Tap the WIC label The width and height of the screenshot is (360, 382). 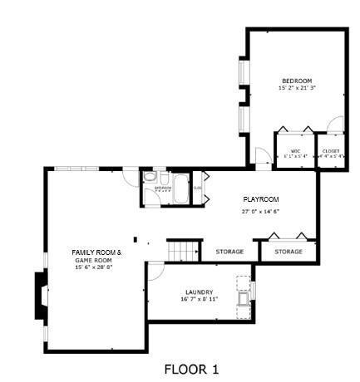click(294, 150)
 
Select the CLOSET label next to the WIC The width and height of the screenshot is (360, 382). click(331, 150)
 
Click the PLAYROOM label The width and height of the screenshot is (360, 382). click(260, 200)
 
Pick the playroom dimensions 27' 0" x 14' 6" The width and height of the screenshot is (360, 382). click(260, 211)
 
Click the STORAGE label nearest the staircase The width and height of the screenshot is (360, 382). click(230, 251)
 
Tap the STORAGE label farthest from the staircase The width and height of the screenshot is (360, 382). click(288, 251)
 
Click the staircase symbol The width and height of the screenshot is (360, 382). click(184, 250)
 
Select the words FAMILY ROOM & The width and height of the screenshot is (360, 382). click(96, 252)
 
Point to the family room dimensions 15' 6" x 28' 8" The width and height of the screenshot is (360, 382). click(94, 267)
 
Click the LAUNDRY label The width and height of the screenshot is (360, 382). click(199, 291)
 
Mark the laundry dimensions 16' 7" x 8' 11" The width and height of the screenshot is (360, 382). click(199, 299)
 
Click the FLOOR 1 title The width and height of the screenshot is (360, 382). click(191, 368)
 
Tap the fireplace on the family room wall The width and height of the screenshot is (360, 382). click(40, 295)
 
